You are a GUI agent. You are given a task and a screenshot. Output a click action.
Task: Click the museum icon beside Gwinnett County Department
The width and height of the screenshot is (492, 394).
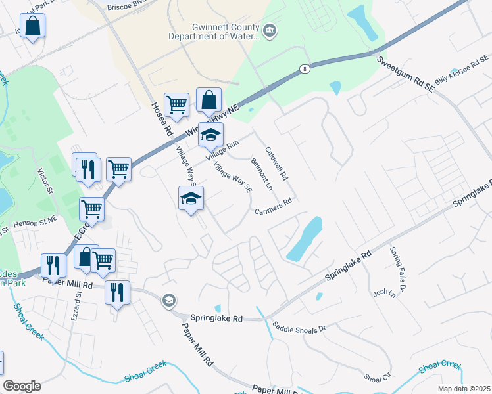pyautogui.click(x=269, y=31)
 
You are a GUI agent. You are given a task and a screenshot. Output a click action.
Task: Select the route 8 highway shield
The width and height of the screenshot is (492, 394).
pyautogui.click(x=305, y=68)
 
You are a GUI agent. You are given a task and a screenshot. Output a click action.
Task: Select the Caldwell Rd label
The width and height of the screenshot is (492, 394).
pyautogui.click(x=277, y=164)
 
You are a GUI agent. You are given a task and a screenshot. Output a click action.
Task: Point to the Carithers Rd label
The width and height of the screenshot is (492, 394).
pyautogui.click(x=274, y=206)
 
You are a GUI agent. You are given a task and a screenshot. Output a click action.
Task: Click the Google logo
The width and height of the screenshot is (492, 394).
pyautogui.click(x=22, y=386)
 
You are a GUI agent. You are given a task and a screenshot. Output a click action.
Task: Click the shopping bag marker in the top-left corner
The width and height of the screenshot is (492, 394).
pyautogui.click(x=32, y=27)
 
